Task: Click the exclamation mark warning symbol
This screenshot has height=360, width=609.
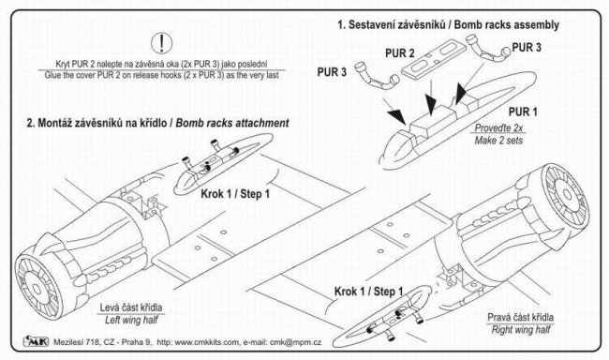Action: pos(161,43)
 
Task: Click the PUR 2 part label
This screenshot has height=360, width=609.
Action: pos(400,52)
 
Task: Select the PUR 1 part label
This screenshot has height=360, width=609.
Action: pos(523,112)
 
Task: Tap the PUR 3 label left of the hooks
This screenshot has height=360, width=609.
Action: pos(332,72)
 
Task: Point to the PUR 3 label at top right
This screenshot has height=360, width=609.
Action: pos(527,48)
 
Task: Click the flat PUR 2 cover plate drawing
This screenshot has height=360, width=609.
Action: pos(434,56)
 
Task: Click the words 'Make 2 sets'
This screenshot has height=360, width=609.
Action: pos(498,140)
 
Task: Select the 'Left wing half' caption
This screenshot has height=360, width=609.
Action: pos(131,320)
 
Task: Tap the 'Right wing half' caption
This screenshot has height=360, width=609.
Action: pos(521,330)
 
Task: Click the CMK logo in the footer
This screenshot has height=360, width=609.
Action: pos(37,341)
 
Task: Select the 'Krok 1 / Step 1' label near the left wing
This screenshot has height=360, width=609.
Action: pos(235,194)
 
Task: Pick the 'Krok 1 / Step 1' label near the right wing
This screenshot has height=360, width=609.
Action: pos(368,292)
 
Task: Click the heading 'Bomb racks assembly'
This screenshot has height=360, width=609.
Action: pos(507,25)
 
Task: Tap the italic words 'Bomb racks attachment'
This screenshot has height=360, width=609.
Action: pos(232,123)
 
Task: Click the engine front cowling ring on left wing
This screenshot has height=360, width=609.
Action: pos(37,288)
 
